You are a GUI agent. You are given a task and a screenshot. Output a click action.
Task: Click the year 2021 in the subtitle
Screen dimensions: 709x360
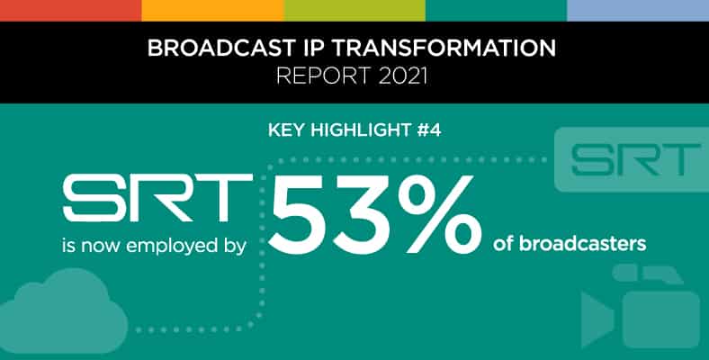click(x=403, y=76)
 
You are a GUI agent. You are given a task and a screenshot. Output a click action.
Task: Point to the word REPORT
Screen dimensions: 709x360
click(x=324, y=76)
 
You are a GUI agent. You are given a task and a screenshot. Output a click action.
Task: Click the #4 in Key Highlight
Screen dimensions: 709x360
click(x=428, y=130)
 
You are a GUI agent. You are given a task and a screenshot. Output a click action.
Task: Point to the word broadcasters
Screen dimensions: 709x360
click(x=582, y=244)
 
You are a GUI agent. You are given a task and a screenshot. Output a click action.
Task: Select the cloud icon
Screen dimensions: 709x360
click(x=62, y=311)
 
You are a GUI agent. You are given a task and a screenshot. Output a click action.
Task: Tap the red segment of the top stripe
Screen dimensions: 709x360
click(x=70, y=11)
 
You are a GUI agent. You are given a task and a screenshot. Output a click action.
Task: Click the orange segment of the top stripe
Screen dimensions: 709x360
click(x=212, y=11)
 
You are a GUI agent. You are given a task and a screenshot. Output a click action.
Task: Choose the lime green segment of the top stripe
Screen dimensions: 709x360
click(x=354, y=11)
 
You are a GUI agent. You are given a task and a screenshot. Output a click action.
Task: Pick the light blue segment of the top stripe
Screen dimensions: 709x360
click(x=638, y=11)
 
